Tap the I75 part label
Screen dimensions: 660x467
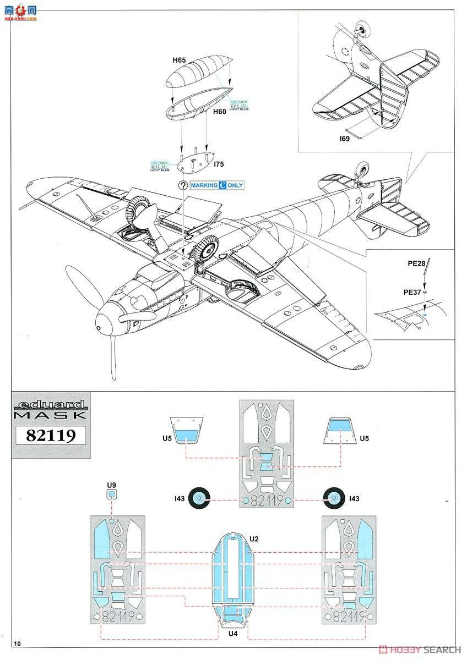coord(218,164)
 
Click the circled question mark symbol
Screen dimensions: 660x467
coord(182,185)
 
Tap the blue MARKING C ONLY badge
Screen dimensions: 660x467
coord(217,185)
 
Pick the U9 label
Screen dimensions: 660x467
coord(112,485)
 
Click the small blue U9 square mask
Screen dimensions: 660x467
coord(112,494)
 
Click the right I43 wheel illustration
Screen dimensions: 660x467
coord(333,499)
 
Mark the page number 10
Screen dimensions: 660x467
coord(18,643)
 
